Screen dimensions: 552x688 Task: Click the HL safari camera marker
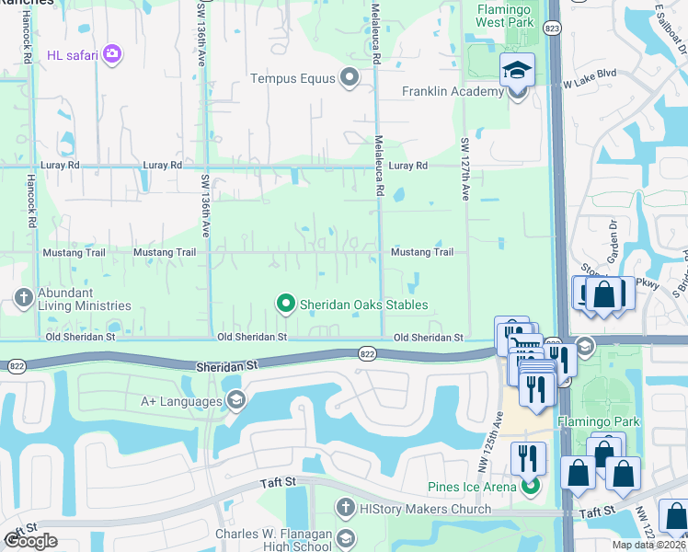coord(112,54)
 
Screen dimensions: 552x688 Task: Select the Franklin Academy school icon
coord(517,72)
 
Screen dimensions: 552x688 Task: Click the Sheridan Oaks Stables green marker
coord(286,302)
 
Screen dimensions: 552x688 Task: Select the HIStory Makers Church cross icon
coord(345,507)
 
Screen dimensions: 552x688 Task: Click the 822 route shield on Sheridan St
coord(367,353)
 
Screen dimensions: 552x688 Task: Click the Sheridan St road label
coord(226,365)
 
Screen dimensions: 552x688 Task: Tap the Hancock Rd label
coord(31,202)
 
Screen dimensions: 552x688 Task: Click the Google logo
coord(31,541)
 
